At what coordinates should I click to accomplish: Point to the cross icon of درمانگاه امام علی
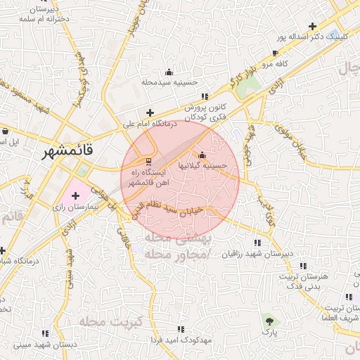coord(149,112)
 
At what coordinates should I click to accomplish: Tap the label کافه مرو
coord(276,64)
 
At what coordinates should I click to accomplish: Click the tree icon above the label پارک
coord(268,320)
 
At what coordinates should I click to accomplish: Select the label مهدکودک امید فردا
coord(181,340)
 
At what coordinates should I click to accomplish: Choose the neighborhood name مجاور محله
coord(181,253)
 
